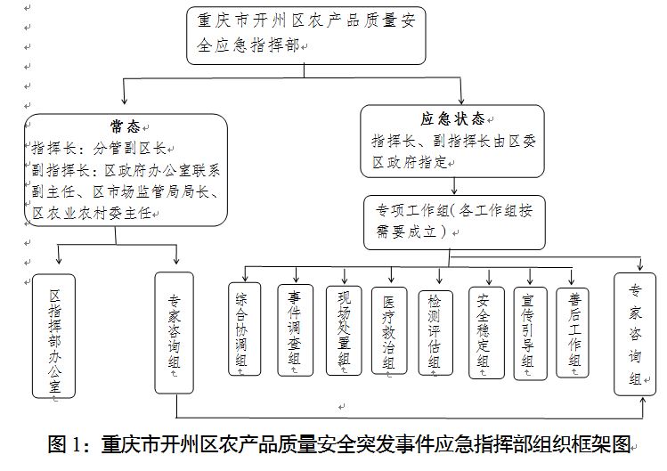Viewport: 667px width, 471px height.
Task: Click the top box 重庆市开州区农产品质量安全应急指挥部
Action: click(305, 36)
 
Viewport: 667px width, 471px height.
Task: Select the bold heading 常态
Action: click(125, 126)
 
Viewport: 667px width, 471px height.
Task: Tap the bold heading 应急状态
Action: click(453, 118)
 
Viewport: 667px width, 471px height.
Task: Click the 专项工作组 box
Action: click(454, 222)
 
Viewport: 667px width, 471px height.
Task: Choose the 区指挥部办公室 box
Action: click(54, 337)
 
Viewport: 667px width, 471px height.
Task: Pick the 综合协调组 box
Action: click(245, 329)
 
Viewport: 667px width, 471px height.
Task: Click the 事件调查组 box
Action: click(296, 330)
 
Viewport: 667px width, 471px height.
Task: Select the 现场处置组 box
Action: click(344, 330)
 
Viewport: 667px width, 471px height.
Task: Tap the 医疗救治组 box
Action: click(389, 331)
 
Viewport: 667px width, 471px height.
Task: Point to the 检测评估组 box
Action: click(435, 333)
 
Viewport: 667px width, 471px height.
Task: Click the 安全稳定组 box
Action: click(486, 333)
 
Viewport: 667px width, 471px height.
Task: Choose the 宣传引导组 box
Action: click(530, 333)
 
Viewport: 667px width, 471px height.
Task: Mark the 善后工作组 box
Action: click(573, 333)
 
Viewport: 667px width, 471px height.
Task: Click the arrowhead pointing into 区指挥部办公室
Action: click(59, 259)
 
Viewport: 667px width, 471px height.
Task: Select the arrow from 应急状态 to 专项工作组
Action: click(454, 186)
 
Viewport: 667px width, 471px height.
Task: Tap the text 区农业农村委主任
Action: click(92, 213)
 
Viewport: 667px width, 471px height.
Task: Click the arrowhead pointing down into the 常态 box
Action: click(124, 100)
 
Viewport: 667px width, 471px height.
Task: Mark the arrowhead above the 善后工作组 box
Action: click(572, 280)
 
